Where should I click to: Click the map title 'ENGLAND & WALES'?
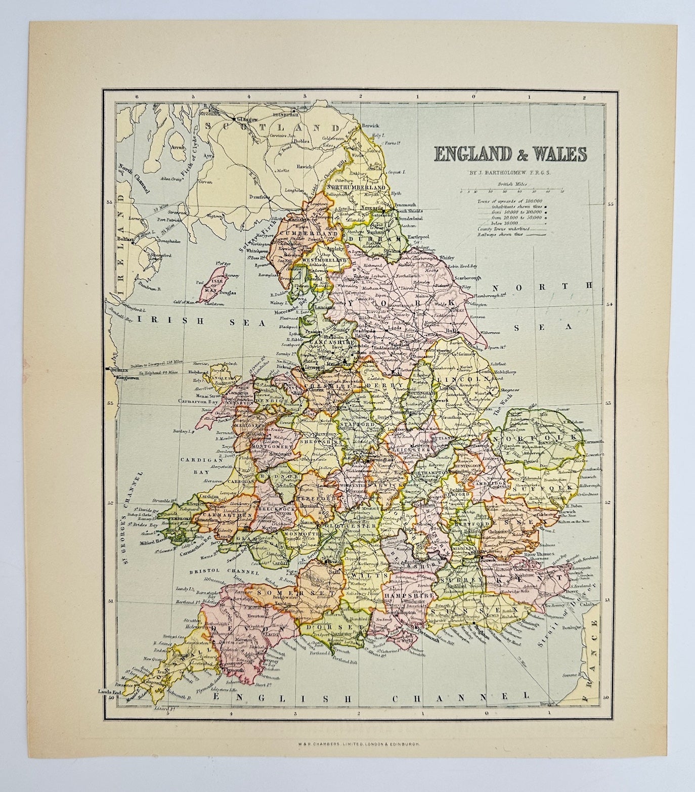tap(508, 153)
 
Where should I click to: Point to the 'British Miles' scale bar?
tap(512, 191)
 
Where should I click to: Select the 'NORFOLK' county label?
tap(537, 437)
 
